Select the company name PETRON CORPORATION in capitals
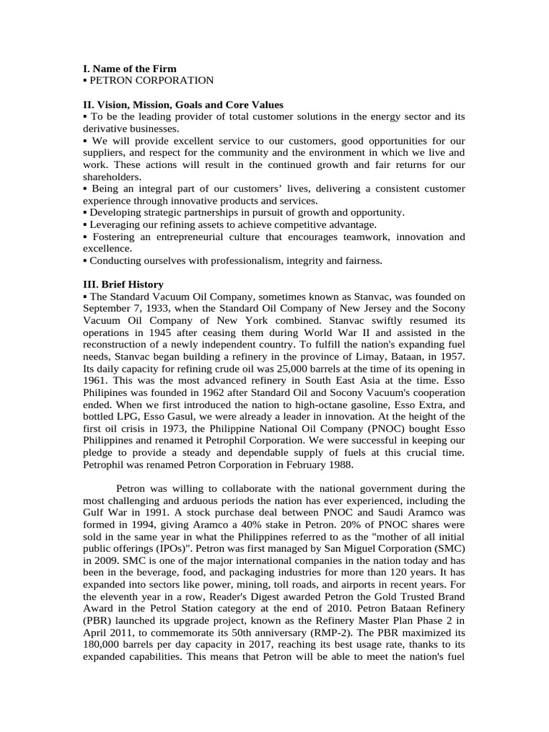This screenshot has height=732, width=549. (x=152, y=81)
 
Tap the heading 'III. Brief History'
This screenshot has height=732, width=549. (x=123, y=284)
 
